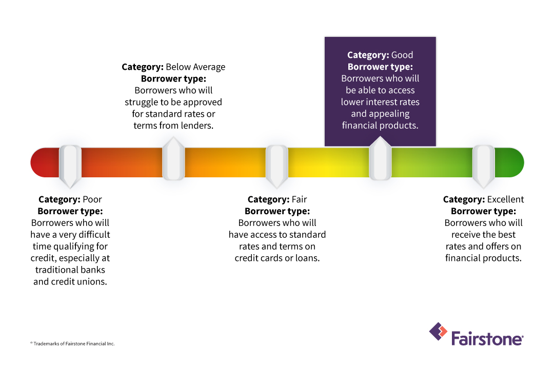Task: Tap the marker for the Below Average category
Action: tap(173, 160)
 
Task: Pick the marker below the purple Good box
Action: tap(380, 160)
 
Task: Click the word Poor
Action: tap(92, 199)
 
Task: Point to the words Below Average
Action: tap(195, 67)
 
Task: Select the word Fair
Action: tap(299, 199)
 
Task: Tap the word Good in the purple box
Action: tap(402, 55)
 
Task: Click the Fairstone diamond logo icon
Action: tap(438, 332)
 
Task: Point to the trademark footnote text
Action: tap(72, 343)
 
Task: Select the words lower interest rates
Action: tap(380, 102)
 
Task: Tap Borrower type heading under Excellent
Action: tap(483, 211)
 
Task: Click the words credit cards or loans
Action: tap(277, 258)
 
